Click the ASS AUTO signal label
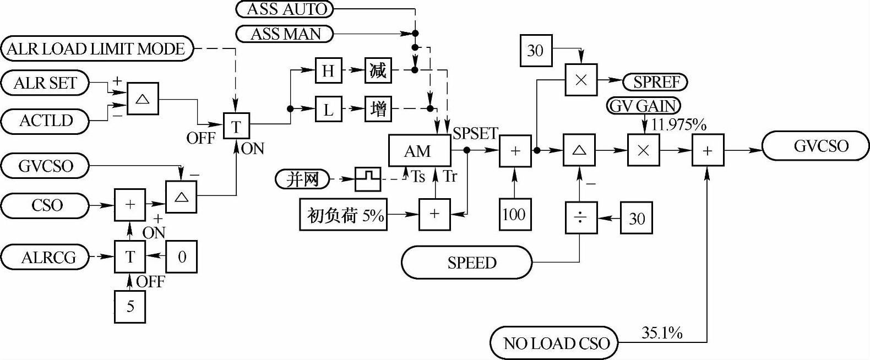click(285, 9)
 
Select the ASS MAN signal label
click(285, 34)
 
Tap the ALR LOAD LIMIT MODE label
click(97, 49)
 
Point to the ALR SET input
click(45, 83)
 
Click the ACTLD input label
click(45, 121)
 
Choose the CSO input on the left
click(45, 205)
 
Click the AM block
click(419, 151)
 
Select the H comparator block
click(328, 70)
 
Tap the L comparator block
click(328, 110)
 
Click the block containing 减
click(378, 70)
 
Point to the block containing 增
click(378, 110)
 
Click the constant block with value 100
click(515, 214)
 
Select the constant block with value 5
click(130, 306)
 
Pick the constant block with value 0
click(181, 257)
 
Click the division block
click(581, 219)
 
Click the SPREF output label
click(655, 82)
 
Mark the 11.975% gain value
click(678, 125)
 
